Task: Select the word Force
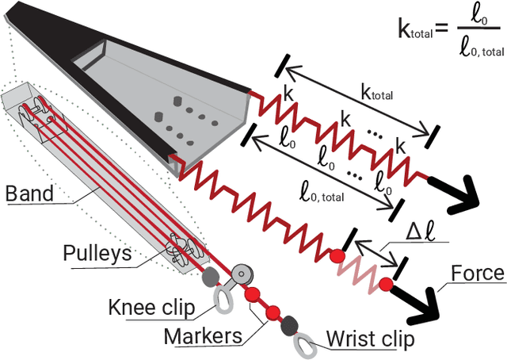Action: (477, 274)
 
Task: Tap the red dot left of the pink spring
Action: (338, 255)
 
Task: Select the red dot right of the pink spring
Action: (387, 284)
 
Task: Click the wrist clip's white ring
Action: (303, 344)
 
